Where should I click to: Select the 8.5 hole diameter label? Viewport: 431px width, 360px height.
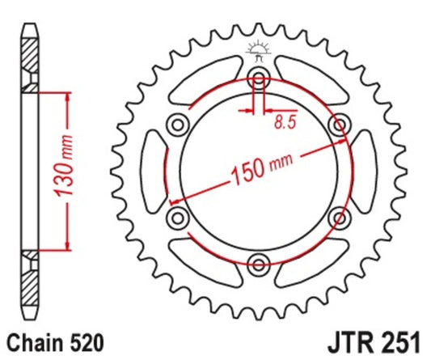(x=283, y=123)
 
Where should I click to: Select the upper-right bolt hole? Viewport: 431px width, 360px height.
(x=339, y=125)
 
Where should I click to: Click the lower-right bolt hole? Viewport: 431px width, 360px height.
(x=339, y=217)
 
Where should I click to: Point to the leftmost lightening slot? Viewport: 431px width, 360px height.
(x=153, y=171)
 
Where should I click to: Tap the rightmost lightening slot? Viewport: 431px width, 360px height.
(x=366, y=171)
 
